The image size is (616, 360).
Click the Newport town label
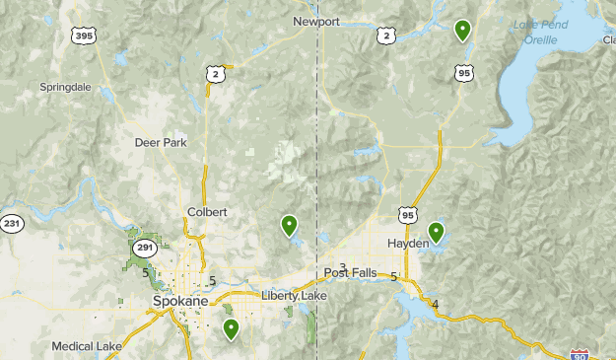[x=315, y=21]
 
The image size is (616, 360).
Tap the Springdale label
[x=65, y=87]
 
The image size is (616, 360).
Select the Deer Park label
[x=160, y=142]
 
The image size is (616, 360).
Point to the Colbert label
[x=207, y=212]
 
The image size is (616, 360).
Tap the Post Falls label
[x=350, y=273]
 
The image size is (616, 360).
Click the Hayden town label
[x=408, y=243]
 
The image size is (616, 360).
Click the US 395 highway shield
[x=85, y=36]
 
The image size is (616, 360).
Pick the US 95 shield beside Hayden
[x=409, y=214]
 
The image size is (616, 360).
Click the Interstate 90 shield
[x=581, y=353]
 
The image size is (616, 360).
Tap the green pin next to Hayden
[x=435, y=233]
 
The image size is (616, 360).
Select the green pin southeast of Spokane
[x=231, y=328]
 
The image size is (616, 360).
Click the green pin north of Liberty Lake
[x=289, y=226]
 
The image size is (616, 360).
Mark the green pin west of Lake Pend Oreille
[x=462, y=31]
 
